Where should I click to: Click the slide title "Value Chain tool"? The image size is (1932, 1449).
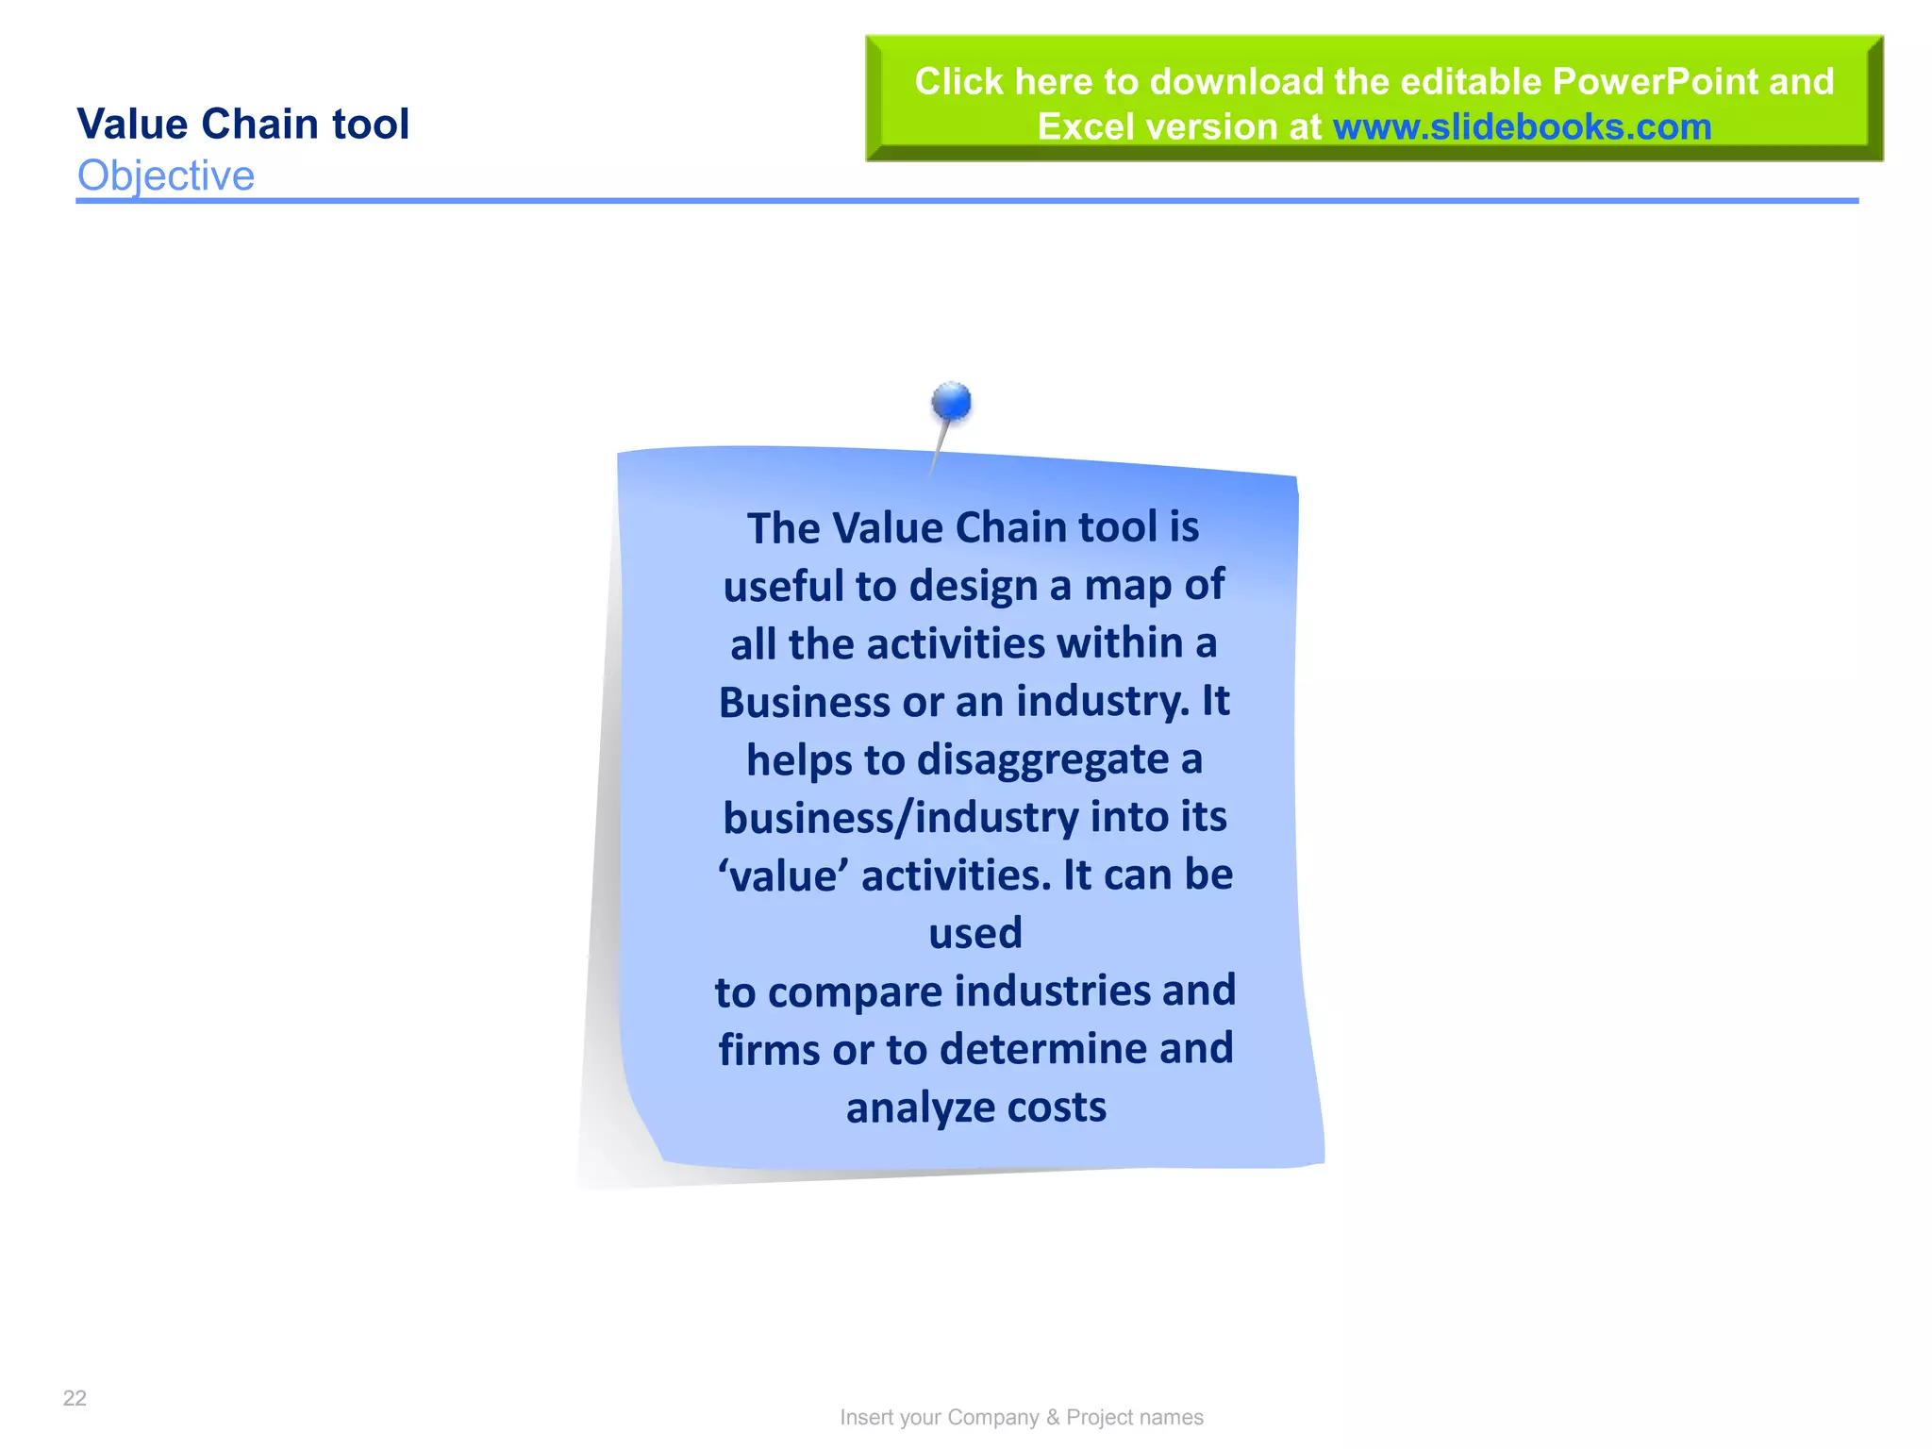coord(242,125)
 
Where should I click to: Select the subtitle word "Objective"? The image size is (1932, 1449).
coord(166,175)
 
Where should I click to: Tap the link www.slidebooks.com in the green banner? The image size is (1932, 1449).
coord(1522,127)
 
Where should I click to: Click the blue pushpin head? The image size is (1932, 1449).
coord(951,402)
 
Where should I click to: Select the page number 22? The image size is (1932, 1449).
coord(75,1398)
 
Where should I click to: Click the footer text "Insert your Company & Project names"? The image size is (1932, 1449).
coord(1022,1417)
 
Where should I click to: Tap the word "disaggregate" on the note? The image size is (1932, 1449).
coord(1042,760)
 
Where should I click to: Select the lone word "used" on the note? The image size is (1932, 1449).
coord(975,934)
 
